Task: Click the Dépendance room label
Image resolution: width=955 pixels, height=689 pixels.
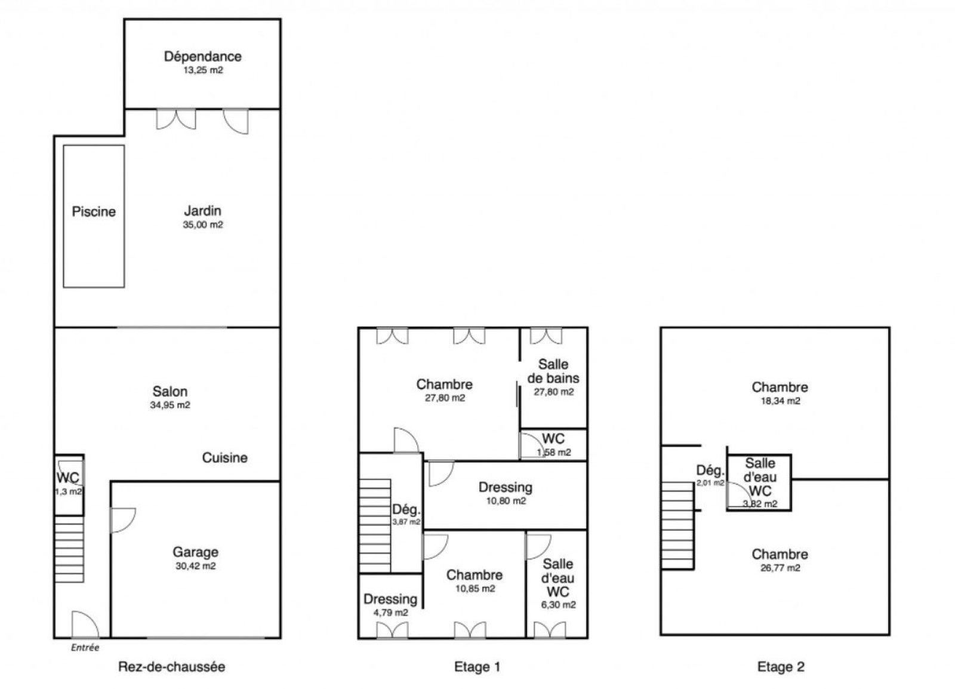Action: (203, 56)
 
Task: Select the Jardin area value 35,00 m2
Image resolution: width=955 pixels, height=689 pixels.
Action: (203, 224)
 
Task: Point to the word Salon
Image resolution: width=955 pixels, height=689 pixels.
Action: (170, 392)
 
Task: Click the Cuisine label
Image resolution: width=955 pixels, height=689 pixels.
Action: (224, 457)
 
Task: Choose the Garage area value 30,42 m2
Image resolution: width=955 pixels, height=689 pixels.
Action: (196, 566)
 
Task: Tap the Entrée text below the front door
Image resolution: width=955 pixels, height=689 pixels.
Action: (85, 647)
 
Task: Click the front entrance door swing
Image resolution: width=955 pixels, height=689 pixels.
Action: (85, 624)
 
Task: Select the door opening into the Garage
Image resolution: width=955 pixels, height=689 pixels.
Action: (123, 520)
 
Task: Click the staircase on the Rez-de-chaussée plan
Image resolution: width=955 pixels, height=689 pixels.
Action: (69, 549)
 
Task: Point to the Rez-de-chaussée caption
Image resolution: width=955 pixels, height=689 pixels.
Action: (172, 666)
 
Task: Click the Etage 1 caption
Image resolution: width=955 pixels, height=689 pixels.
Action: (477, 666)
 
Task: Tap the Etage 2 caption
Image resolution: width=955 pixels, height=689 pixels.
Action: (781, 666)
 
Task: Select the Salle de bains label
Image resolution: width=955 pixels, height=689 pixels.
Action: (553, 371)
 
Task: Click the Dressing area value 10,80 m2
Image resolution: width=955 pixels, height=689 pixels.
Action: (506, 501)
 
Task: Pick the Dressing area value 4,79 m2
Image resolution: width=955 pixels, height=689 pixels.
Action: (390, 613)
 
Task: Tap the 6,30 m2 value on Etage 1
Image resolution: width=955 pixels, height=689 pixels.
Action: (559, 605)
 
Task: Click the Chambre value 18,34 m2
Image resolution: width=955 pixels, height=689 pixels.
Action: (781, 401)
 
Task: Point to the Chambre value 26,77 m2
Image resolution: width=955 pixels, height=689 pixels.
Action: (780, 568)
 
